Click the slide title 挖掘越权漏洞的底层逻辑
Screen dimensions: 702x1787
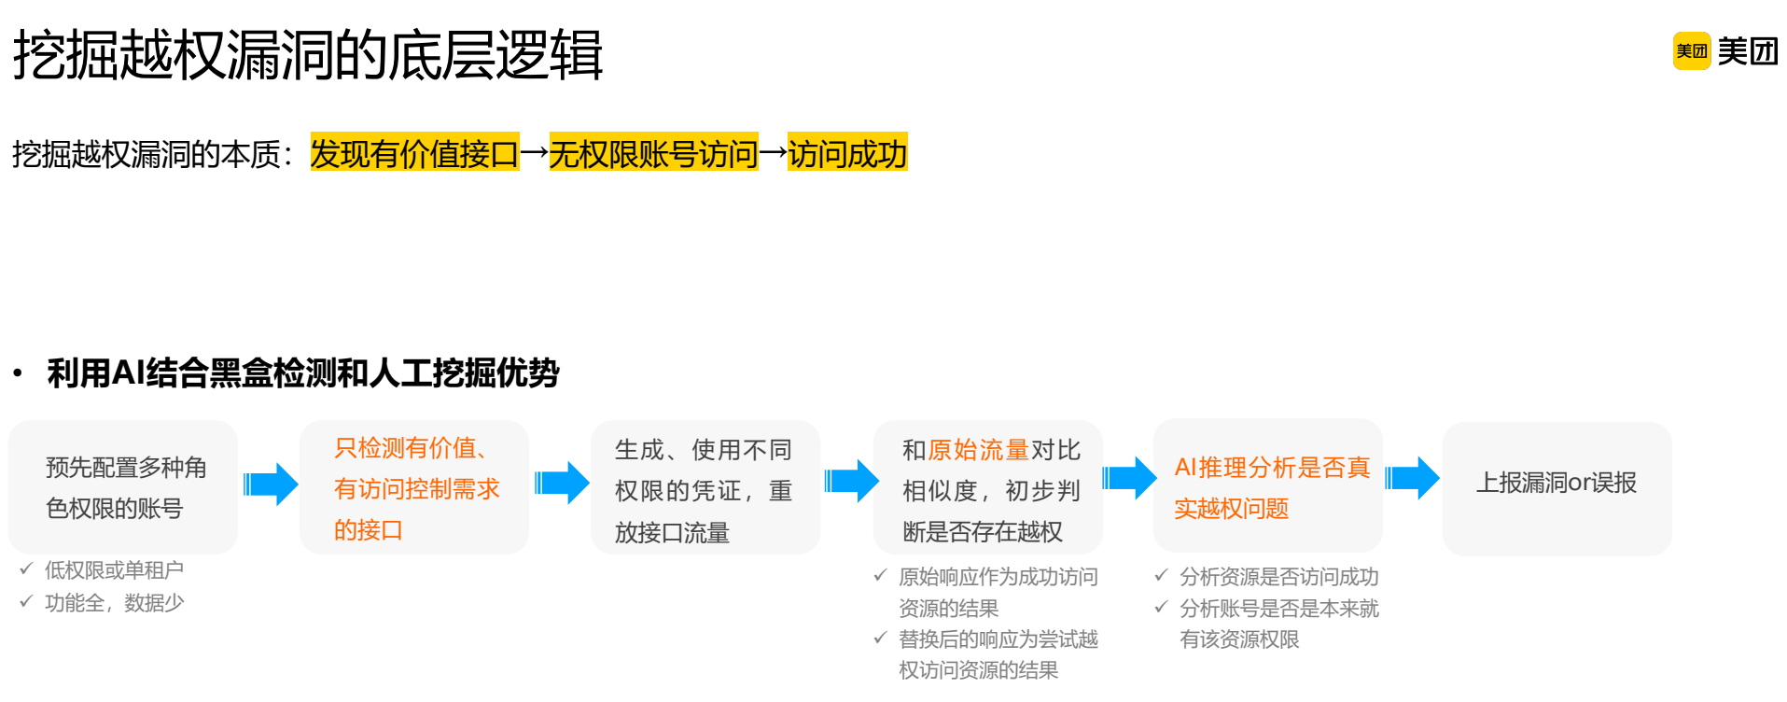point(308,54)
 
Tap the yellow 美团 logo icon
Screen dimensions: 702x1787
point(1691,51)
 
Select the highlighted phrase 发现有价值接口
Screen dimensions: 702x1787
point(414,153)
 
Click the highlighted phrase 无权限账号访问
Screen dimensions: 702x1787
point(653,153)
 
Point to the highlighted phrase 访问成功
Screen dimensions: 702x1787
point(847,153)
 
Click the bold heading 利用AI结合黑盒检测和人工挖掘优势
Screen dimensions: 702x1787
point(303,372)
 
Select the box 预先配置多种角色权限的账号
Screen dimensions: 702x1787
point(123,487)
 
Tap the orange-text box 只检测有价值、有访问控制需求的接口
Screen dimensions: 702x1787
point(414,487)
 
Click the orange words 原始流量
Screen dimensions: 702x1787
point(978,450)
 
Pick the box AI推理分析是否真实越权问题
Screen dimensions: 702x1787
point(1268,486)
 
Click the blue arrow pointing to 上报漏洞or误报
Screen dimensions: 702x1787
point(1413,479)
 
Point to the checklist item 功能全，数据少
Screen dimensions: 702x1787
point(114,603)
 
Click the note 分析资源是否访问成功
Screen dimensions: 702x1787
point(1278,577)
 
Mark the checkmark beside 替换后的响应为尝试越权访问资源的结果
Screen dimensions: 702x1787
point(880,639)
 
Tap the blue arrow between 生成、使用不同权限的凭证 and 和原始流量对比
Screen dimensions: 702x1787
point(851,481)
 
